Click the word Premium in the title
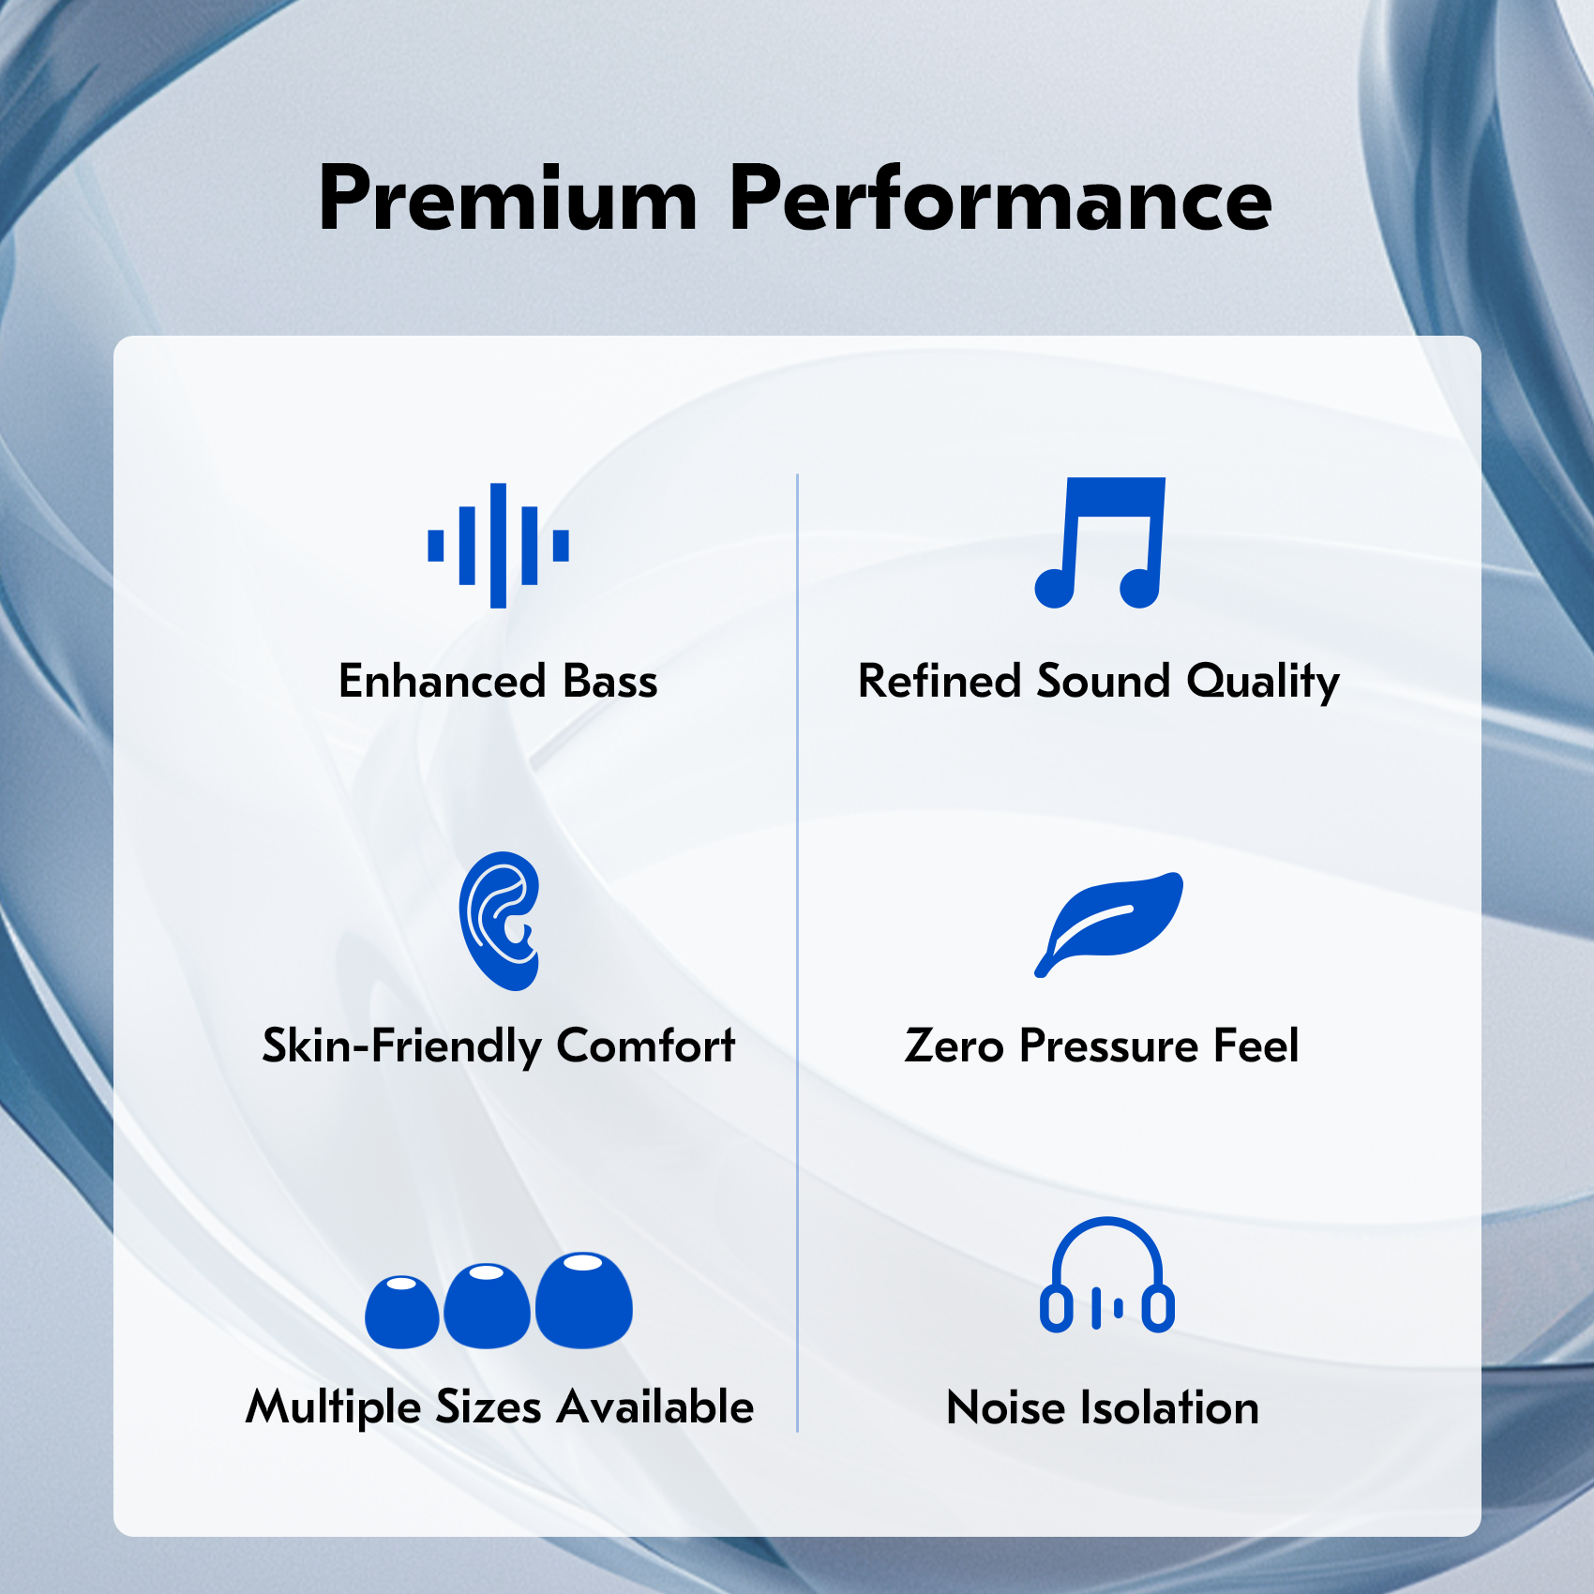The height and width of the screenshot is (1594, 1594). click(508, 198)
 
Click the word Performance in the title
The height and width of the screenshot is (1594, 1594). click(1000, 198)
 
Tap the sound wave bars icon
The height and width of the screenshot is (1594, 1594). click(498, 546)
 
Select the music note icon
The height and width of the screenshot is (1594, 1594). click(1100, 543)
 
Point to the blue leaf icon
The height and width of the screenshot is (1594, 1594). click(1109, 924)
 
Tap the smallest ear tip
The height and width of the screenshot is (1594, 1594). click(401, 1312)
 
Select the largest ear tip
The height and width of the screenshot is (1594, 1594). click(582, 1300)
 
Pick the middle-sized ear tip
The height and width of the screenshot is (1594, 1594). click(487, 1306)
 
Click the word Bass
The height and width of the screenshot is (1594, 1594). click(610, 681)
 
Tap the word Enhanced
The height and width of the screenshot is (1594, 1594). click(443, 681)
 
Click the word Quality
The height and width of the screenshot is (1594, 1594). click(1263, 682)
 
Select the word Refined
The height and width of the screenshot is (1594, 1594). click(940, 681)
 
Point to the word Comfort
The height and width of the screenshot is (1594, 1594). click(646, 1045)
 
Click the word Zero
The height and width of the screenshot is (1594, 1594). click(955, 1045)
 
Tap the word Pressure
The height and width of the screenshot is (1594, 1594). click(1108, 1045)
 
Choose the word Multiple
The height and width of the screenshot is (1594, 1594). click(333, 1408)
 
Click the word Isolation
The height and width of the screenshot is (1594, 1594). click(1170, 1408)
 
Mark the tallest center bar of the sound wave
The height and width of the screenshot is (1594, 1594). click(499, 546)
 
